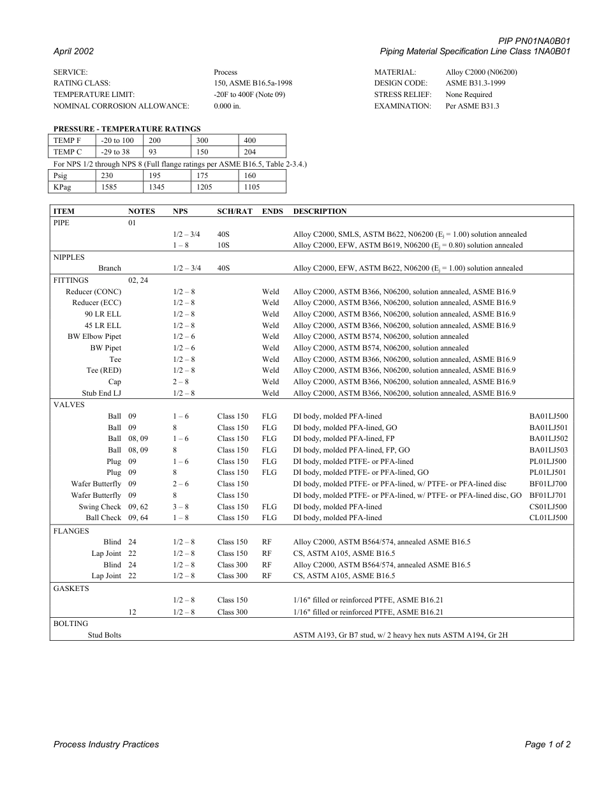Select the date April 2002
tap(73, 52)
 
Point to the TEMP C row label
tap(68, 152)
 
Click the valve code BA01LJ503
tap(548, 450)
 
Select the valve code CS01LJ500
tap(548, 507)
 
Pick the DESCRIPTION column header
tap(320, 211)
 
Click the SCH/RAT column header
tap(235, 211)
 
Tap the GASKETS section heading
tap(71, 588)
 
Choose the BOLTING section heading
tap(70, 624)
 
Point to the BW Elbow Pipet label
tap(94, 336)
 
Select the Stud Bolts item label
tap(104, 635)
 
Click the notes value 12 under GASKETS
tap(132, 612)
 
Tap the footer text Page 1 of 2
tap(547, 744)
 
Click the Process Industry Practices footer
tap(106, 744)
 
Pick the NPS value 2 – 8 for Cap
tap(181, 382)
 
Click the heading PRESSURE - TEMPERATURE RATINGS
tap(127, 129)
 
